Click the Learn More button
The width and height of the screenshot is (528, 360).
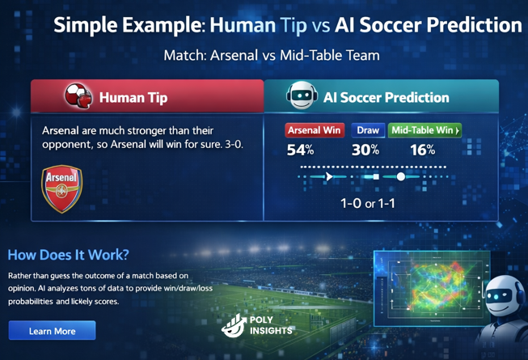[52, 331]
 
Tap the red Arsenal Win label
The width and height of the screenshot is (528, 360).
[315, 130]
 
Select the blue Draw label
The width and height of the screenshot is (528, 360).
[367, 130]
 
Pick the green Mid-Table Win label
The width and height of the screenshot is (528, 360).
[425, 130]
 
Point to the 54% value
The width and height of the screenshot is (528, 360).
[300, 150]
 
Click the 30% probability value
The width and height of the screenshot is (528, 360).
[365, 150]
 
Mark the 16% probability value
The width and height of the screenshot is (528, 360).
[422, 150]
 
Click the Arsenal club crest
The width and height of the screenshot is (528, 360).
[61, 188]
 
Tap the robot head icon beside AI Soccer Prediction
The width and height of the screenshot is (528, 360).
[301, 97]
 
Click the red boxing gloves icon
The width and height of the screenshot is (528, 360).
[78, 97]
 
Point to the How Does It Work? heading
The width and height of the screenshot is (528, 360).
[68, 255]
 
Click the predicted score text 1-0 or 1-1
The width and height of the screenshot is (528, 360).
[368, 203]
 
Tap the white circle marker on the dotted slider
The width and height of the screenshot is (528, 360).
[401, 176]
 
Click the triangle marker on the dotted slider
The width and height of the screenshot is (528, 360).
[329, 176]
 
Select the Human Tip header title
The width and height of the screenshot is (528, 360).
[133, 98]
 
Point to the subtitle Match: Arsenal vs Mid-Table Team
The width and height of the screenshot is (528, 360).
[271, 56]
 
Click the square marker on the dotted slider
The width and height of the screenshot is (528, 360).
[375, 176]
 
